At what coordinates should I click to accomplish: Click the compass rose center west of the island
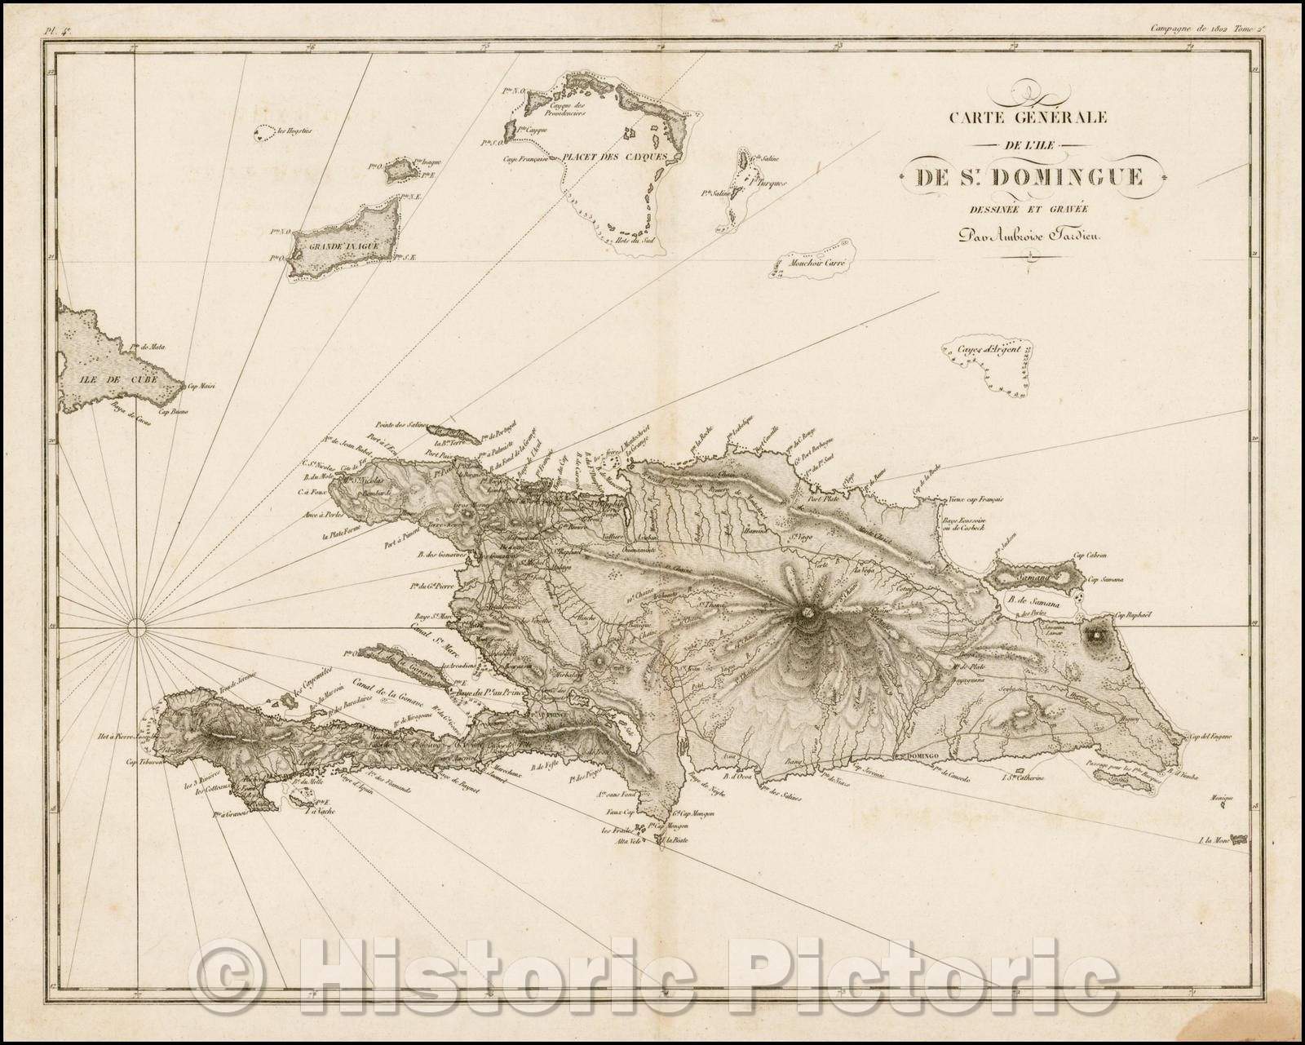click(137, 627)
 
